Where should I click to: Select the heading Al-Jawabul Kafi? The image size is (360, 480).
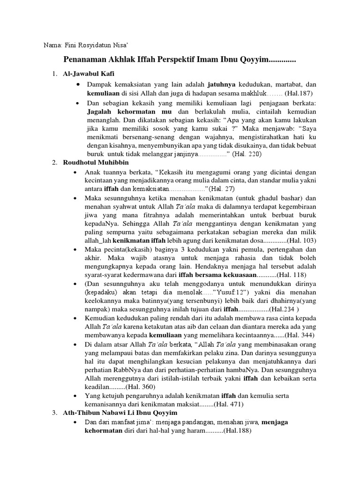[88, 74]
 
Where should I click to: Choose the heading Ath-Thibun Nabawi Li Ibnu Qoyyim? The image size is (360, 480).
[120, 412]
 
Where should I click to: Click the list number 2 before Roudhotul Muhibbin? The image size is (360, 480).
[54, 163]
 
